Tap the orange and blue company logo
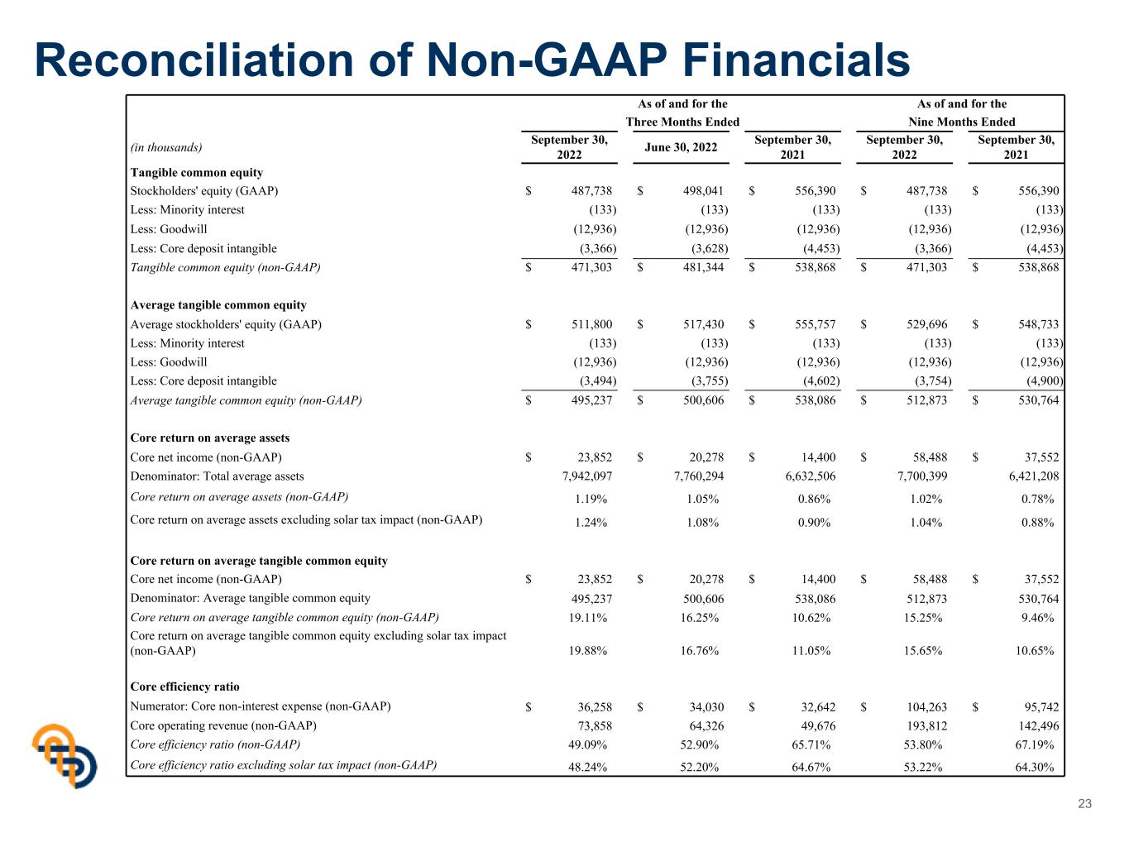[65, 755]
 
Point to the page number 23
[1084, 804]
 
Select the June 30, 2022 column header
[681, 147]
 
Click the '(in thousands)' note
[166, 147]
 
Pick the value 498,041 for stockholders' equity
[703, 191]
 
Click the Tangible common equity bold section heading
[197, 172]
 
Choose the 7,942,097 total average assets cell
[587, 476]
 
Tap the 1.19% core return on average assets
[591, 499]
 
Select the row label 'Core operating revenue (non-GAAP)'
[223, 725]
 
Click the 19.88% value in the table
[587, 650]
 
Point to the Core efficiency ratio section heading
[184, 687]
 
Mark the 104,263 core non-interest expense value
[926, 707]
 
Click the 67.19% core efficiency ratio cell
[1034, 744]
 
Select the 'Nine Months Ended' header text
[961, 122]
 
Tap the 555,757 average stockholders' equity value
[815, 324]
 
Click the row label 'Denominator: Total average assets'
[217, 476]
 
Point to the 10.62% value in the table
[811, 618]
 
